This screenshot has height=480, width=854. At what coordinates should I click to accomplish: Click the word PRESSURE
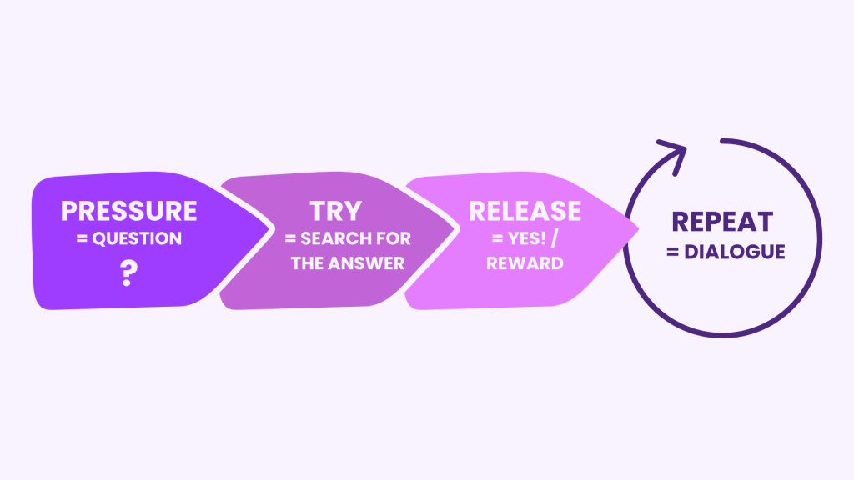pyautogui.click(x=128, y=211)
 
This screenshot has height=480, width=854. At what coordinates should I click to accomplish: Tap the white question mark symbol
pyautogui.click(x=129, y=273)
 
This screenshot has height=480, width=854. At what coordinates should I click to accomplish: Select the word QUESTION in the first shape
pyautogui.click(x=137, y=238)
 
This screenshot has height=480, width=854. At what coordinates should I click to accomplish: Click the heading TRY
pyautogui.click(x=335, y=211)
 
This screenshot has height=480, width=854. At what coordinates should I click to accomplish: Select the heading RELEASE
pyautogui.click(x=525, y=211)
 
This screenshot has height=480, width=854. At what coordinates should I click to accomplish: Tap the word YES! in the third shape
pyautogui.click(x=527, y=238)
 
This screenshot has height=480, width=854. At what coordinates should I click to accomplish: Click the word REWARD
pyautogui.click(x=525, y=263)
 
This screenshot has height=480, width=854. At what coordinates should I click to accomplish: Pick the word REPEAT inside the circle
pyautogui.click(x=722, y=222)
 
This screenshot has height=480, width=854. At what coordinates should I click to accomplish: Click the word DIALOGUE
pyautogui.click(x=735, y=252)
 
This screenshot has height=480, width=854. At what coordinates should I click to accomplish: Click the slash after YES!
pyautogui.click(x=555, y=238)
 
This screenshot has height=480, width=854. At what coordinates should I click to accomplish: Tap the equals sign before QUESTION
pyautogui.click(x=83, y=239)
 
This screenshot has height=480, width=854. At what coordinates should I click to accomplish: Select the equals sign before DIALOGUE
pyautogui.click(x=673, y=252)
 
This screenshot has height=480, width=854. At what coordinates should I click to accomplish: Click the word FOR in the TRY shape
pyautogui.click(x=394, y=238)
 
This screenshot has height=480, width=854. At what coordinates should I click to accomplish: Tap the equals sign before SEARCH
pyautogui.click(x=290, y=239)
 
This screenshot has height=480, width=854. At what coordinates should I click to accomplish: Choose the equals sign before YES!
pyautogui.click(x=497, y=239)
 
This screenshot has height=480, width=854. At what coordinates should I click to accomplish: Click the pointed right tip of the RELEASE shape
pyautogui.click(x=638, y=229)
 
